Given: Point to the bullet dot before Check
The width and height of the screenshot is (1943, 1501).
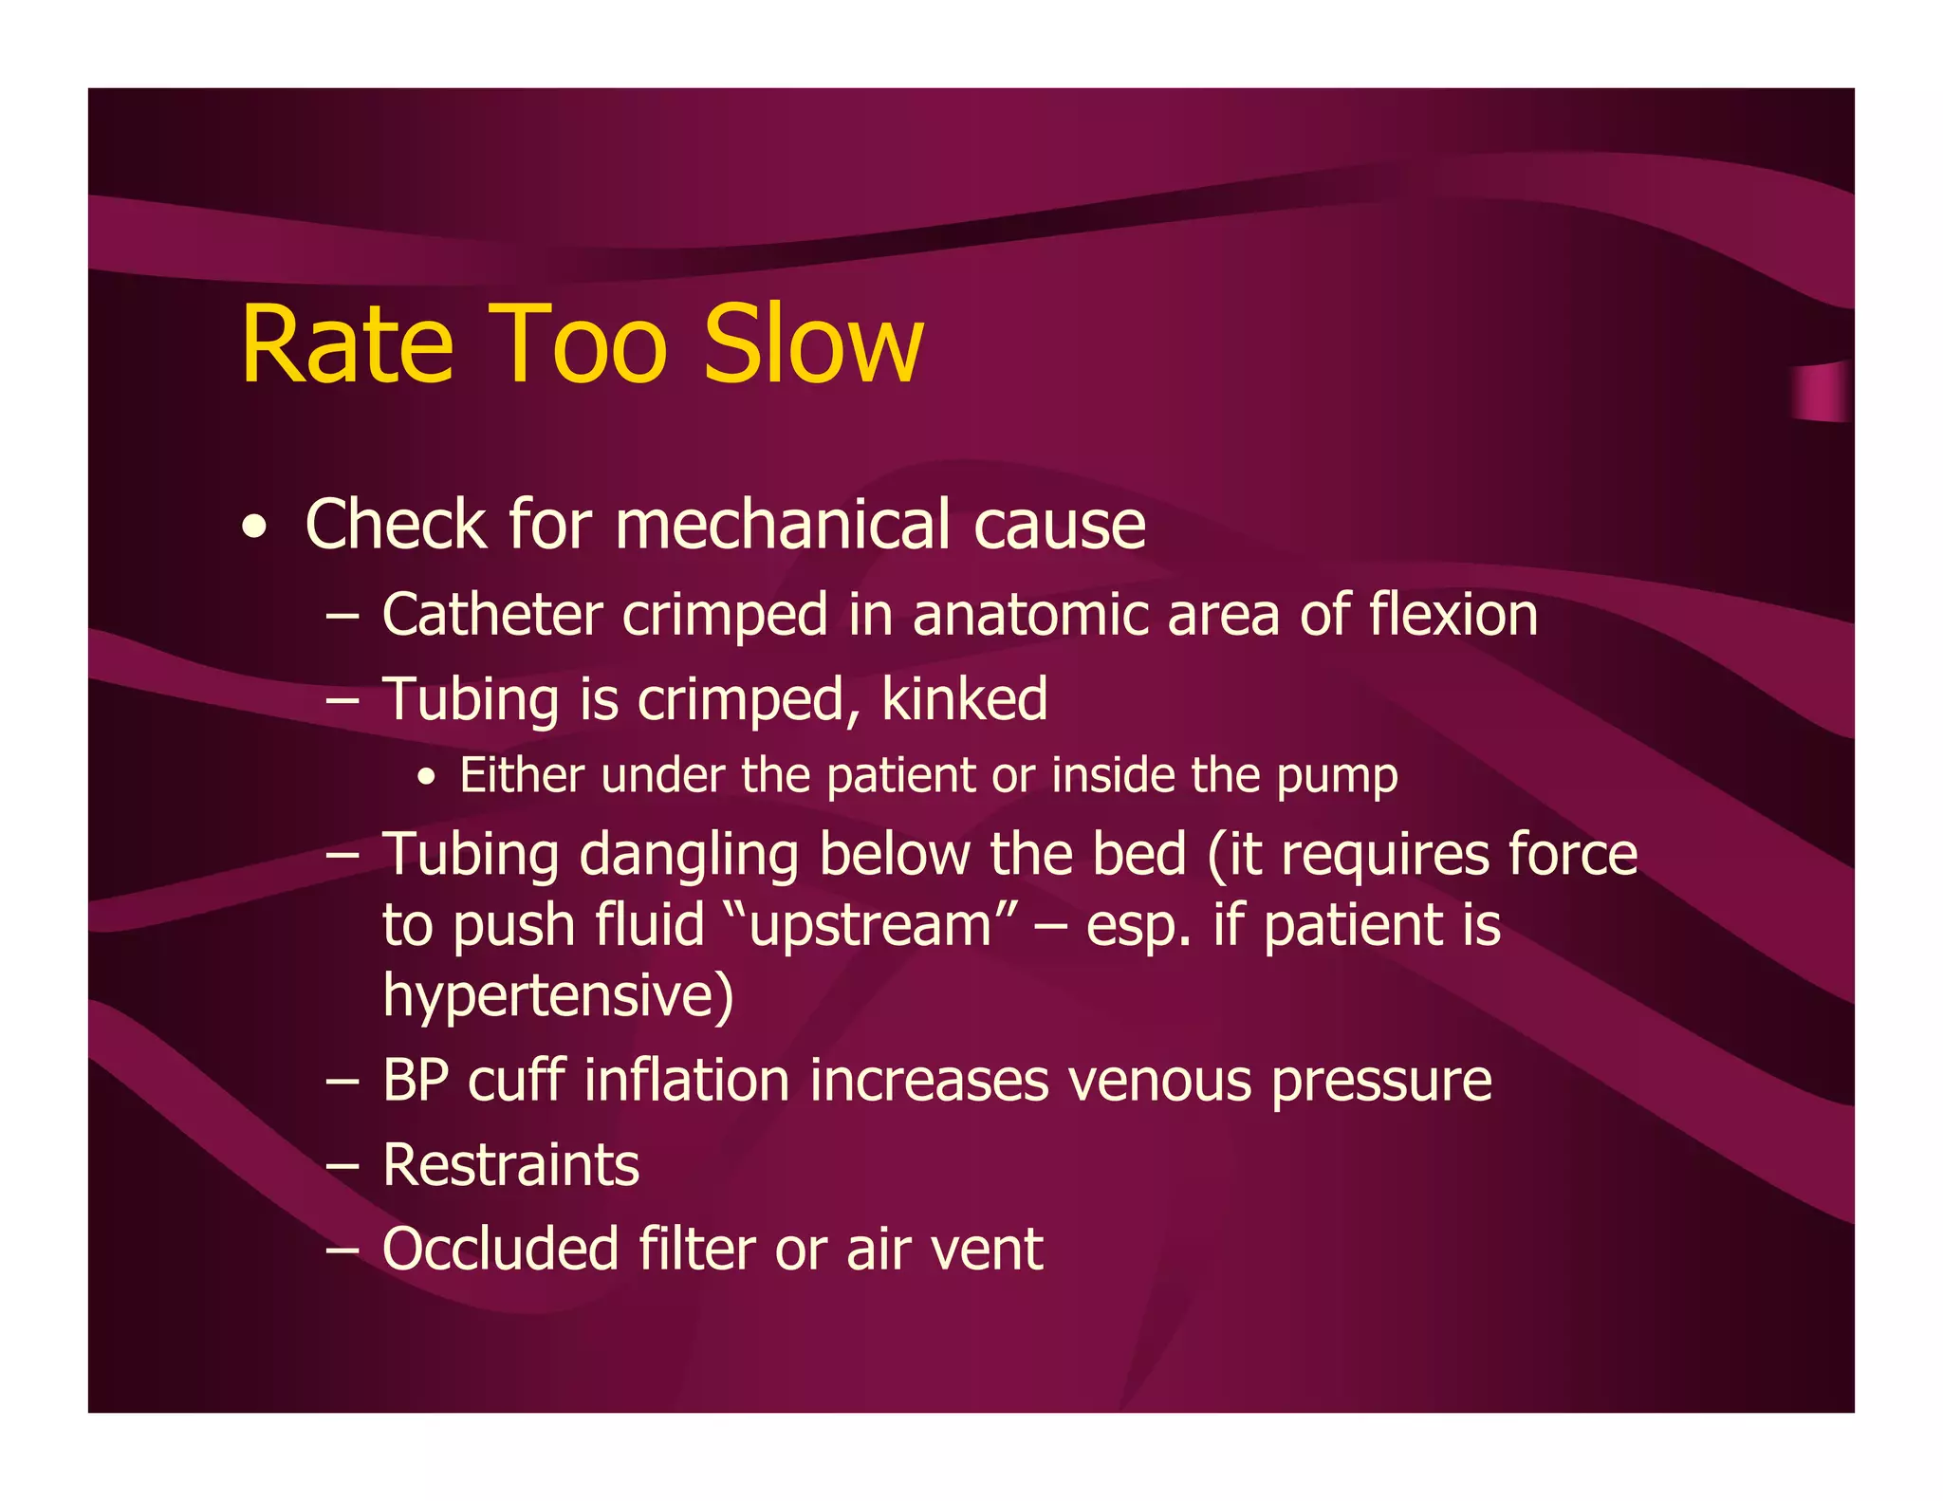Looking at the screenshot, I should tap(253, 528).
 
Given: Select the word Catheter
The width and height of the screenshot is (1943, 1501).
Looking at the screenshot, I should tap(491, 614).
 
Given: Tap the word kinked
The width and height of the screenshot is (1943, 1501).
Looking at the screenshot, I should tap(964, 699).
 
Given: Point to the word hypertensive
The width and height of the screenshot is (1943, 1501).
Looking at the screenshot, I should tap(557, 995).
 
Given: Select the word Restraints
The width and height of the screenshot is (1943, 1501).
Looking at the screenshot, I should tap(510, 1164).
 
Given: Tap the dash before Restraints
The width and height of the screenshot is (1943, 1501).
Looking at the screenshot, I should tap(342, 1165).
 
